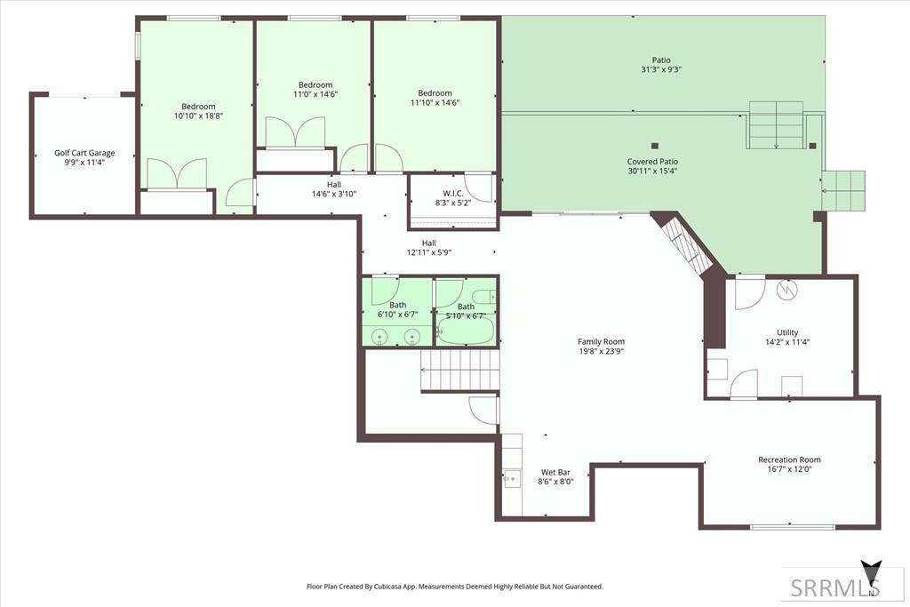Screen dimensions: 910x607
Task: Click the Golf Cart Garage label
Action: tap(84, 153)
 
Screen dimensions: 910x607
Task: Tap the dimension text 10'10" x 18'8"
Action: tap(198, 116)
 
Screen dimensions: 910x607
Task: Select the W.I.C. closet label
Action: tap(452, 193)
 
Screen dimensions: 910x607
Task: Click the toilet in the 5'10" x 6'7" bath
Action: tap(486, 297)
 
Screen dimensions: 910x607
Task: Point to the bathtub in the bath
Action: tap(466, 331)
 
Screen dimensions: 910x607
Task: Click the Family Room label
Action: tap(601, 342)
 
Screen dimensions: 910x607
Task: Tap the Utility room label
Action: tap(787, 332)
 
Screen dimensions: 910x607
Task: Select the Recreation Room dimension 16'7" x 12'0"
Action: tap(789, 469)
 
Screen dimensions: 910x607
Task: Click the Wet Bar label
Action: tap(555, 473)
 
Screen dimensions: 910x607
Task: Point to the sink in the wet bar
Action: tap(512, 479)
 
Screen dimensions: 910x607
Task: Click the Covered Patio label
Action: tap(652, 162)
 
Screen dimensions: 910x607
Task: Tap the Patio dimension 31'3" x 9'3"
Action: tap(661, 69)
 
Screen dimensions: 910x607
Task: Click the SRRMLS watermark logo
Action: tap(835, 587)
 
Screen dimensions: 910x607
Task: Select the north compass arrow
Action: tap(871, 574)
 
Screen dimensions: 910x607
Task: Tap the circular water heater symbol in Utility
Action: tap(788, 289)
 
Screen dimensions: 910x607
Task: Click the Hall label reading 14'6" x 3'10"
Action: tap(334, 194)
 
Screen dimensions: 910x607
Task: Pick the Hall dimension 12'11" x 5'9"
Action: tap(429, 252)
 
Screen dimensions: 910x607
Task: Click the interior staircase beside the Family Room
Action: tap(459, 370)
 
